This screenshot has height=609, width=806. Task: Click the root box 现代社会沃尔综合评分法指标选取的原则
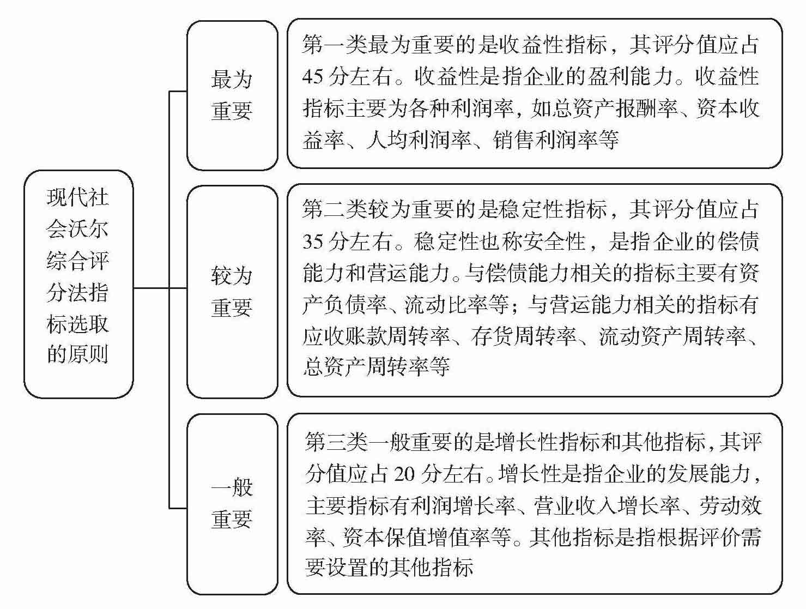[x=78, y=284]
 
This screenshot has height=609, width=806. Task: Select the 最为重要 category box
[x=232, y=95]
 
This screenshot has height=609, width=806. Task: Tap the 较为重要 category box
[x=232, y=292]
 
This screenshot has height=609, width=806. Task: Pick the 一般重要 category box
[x=232, y=503]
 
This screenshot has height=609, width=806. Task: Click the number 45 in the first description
[x=313, y=77]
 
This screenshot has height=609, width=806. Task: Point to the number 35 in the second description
[x=313, y=241]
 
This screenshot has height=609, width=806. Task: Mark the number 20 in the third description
[x=404, y=474]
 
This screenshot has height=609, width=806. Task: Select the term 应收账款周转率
[x=376, y=336]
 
